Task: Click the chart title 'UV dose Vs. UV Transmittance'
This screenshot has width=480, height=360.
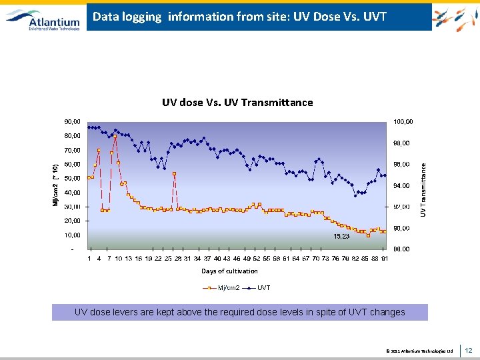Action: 237,102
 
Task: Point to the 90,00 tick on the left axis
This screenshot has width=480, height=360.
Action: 72,121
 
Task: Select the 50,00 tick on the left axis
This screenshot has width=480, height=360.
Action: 72,178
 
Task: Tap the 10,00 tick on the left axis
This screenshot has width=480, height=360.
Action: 72,235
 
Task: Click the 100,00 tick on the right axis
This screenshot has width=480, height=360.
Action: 403,121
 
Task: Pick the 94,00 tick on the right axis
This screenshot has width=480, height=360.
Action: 401,185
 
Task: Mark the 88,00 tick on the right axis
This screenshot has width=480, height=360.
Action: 401,249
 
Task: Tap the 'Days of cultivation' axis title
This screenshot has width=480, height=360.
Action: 229,271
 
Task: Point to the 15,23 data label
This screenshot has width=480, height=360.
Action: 341,236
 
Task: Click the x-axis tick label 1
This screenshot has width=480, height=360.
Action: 90,258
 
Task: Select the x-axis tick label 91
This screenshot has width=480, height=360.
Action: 385,258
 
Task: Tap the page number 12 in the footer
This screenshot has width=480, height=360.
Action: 468,350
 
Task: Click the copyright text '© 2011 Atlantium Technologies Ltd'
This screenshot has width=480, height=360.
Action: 419,351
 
